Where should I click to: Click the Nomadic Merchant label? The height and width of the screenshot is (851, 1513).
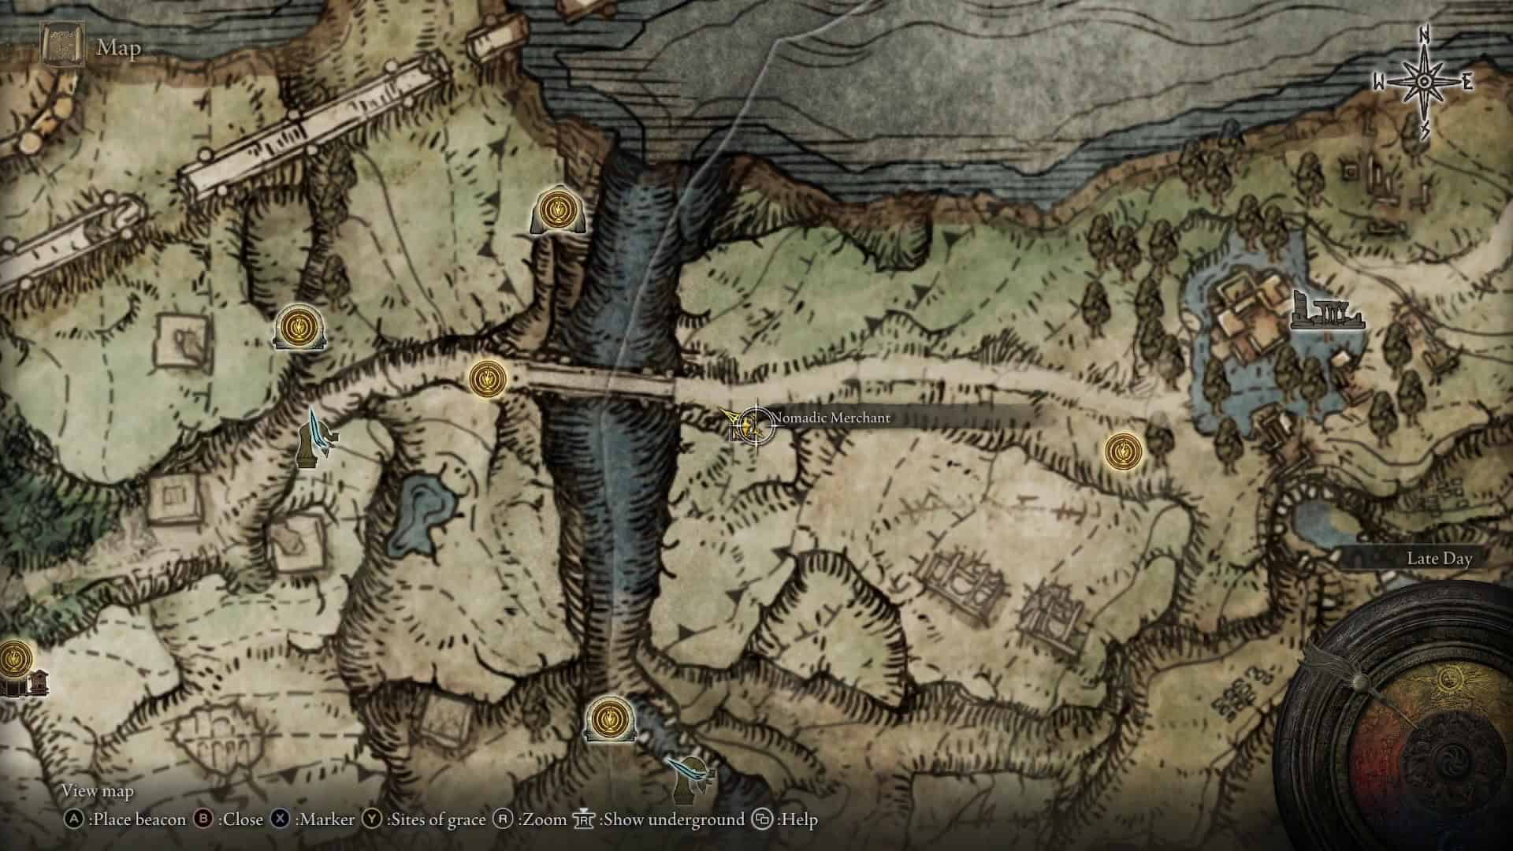coord(831,418)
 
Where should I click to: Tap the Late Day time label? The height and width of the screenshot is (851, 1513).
coord(1439,559)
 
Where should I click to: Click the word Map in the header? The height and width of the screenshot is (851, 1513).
coord(119,48)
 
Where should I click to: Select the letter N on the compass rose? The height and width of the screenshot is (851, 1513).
coord(1424,57)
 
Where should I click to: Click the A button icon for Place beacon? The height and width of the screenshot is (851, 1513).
coord(74,819)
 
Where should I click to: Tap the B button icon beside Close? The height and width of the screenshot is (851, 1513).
coord(203,819)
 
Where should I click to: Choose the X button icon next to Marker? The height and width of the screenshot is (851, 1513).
coord(280,819)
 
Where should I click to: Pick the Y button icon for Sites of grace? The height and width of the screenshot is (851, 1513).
coord(372,819)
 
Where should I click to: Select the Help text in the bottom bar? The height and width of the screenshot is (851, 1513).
coord(797,819)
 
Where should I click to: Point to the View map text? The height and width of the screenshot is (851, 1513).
coord(98,790)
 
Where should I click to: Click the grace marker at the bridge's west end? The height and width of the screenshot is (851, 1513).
coord(486,378)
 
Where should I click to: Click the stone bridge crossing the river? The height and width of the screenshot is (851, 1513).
coord(600,384)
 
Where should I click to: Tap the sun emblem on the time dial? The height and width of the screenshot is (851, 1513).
coord(1447,679)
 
